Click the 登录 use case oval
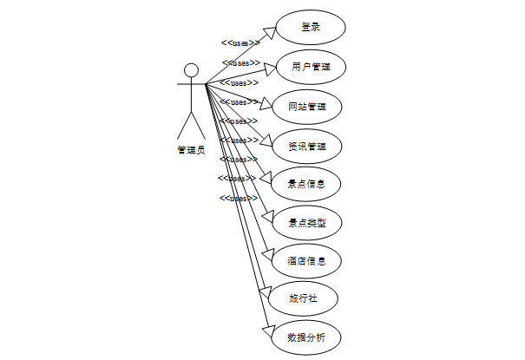coord(311,27)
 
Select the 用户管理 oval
coord(311,66)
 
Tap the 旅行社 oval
coord(300,298)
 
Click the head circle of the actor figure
coord(191,70)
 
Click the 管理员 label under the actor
coord(191,149)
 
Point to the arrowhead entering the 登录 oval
coord(270,31)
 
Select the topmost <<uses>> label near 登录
coord(240,43)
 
